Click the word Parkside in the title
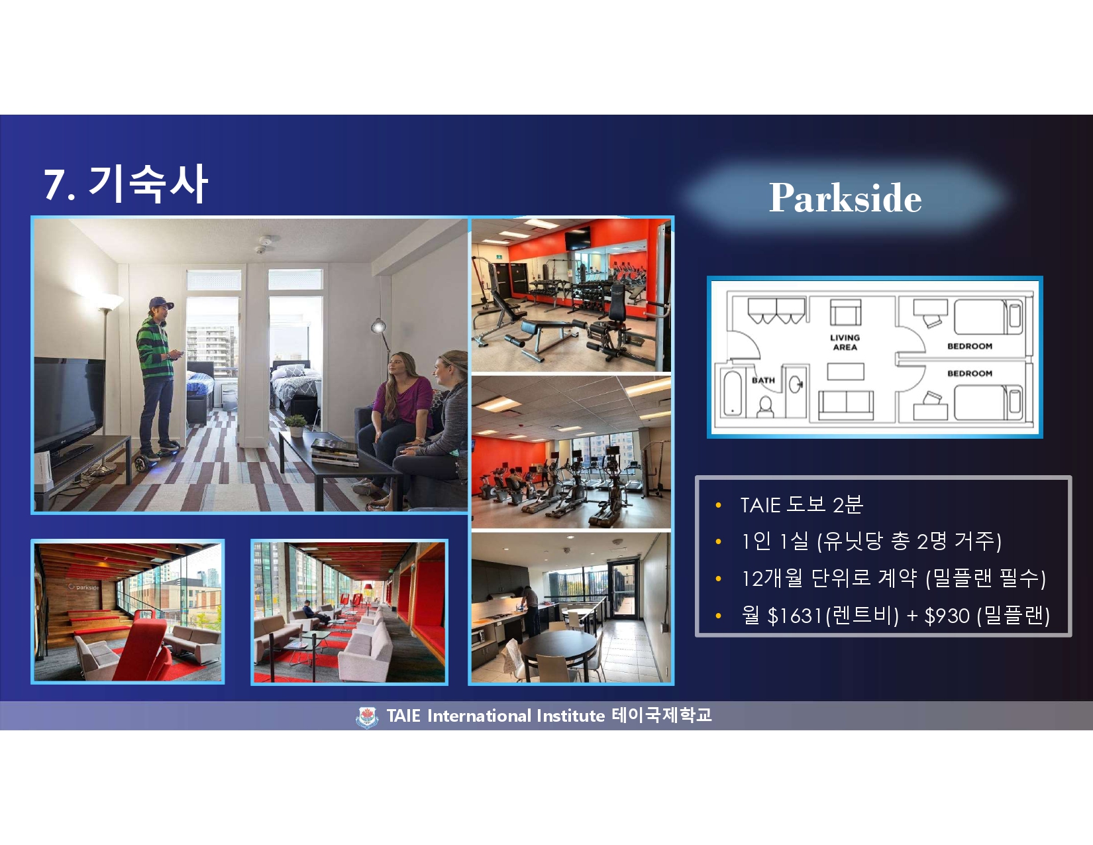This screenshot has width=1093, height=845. pyautogui.click(x=845, y=197)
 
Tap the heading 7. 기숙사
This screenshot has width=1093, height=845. pyautogui.click(x=126, y=184)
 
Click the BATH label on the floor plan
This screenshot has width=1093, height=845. pyautogui.click(x=763, y=380)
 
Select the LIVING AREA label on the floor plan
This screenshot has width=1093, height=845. pyautogui.click(x=845, y=342)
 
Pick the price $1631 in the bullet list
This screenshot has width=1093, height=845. pyautogui.click(x=794, y=616)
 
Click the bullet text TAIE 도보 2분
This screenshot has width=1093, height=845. pyautogui.click(x=802, y=504)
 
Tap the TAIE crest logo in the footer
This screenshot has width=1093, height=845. pyautogui.click(x=367, y=717)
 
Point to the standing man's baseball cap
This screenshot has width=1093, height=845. pyautogui.click(x=161, y=303)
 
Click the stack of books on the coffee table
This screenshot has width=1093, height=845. pyautogui.click(x=334, y=451)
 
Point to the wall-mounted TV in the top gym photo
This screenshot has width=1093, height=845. pyautogui.click(x=578, y=239)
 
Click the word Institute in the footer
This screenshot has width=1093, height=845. pyautogui.click(x=570, y=716)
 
